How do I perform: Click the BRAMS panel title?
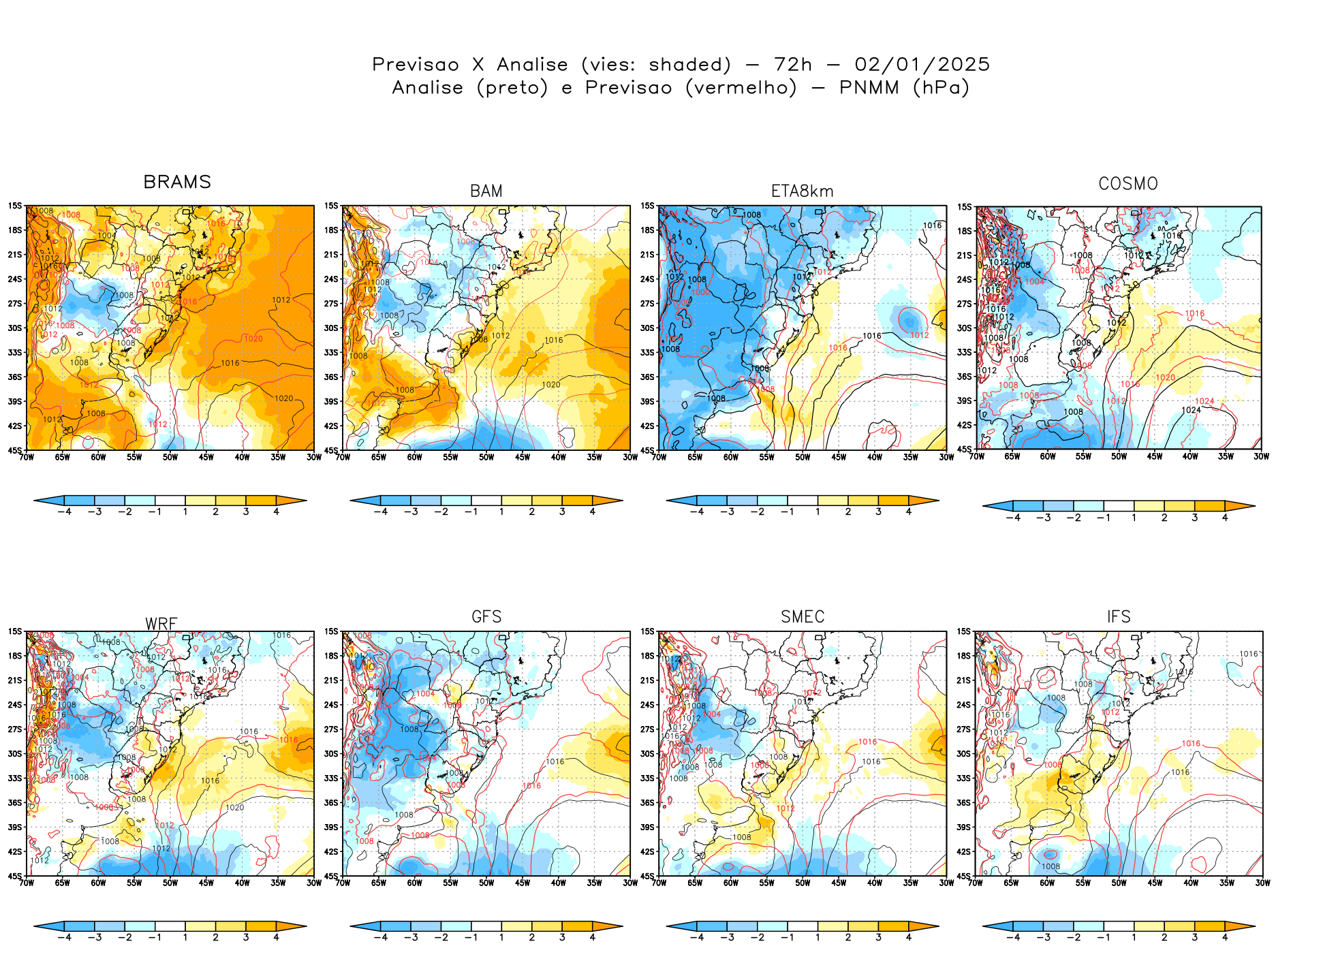(x=177, y=183)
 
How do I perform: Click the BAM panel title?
(x=486, y=191)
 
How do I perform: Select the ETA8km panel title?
(x=803, y=191)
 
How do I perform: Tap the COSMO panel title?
(x=1128, y=184)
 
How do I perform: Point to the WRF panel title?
(x=161, y=624)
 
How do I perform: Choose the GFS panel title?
(x=486, y=617)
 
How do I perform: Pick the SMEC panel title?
(x=803, y=617)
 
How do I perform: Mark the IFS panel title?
(x=1119, y=617)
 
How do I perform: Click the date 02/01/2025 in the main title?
(x=922, y=65)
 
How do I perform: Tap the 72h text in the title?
(x=793, y=65)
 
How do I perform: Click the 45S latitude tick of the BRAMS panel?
(x=15, y=450)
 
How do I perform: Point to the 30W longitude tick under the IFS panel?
(x=1262, y=883)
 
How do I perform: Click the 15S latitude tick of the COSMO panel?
(x=965, y=207)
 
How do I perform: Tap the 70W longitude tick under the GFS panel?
(x=343, y=883)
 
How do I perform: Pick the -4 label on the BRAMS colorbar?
(x=64, y=512)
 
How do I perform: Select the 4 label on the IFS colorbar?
(x=1225, y=938)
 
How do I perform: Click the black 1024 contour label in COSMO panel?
(x=1191, y=410)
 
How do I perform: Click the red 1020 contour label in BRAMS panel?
(x=253, y=338)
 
